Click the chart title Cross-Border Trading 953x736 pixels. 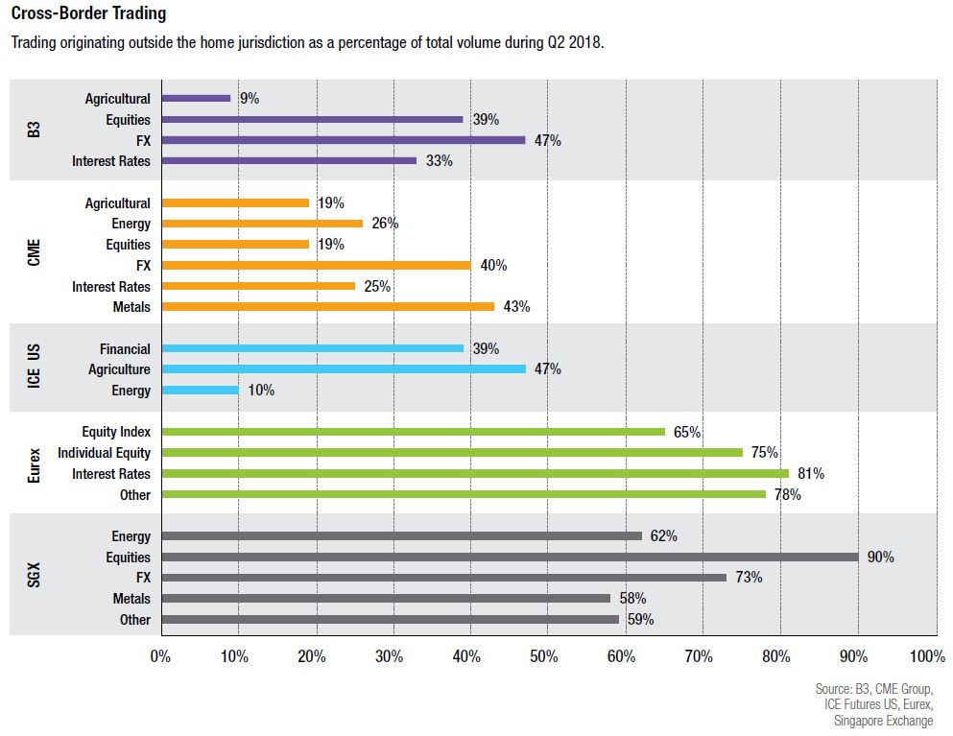point(88,14)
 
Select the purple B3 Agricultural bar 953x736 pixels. point(197,98)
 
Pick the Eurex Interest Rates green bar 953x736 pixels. point(475,473)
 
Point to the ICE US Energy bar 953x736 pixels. point(201,391)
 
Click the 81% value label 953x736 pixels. point(811,473)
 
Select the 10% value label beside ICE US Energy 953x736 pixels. point(261,391)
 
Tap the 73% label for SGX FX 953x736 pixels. point(749,578)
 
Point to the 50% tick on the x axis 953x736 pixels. point(544,657)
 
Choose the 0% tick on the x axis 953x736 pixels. point(160,657)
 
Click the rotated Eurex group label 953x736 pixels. point(34,463)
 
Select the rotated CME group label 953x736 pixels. point(34,254)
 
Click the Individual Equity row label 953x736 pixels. point(104,453)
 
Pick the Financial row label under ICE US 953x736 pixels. point(125,349)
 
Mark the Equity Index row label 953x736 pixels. point(116,432)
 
